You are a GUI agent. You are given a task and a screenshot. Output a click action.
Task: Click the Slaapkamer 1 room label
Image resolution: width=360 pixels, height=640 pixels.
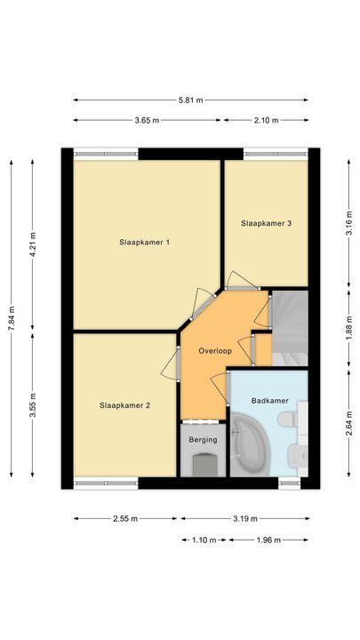[x=145, y=242]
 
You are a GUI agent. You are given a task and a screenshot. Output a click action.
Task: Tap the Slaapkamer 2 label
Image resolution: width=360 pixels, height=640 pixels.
[x=124, y=405]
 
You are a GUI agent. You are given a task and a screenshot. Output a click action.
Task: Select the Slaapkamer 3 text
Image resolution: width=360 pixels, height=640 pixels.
[x=267, y=223]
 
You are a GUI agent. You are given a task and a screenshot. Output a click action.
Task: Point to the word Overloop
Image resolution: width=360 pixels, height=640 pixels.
[x=217, y=349]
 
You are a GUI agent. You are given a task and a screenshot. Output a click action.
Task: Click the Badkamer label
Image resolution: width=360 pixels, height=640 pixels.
[x=270, y=401]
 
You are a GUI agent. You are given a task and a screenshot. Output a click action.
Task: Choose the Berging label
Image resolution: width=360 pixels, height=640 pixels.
[x=204, y=438]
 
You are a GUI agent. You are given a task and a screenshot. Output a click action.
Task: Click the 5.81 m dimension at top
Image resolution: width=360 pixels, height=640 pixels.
[x=191, y=100]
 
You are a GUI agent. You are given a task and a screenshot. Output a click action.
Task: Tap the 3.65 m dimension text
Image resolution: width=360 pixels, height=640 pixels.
[x=148, y=120]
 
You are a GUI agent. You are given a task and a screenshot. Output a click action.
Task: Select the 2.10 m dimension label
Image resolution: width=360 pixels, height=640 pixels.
[x=266, y=120]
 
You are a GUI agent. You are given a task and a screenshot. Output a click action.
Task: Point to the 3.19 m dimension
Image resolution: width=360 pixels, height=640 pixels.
[x=245, y=519]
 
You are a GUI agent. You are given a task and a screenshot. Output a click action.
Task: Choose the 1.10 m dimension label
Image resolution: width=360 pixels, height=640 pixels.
[x=204, y=540]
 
